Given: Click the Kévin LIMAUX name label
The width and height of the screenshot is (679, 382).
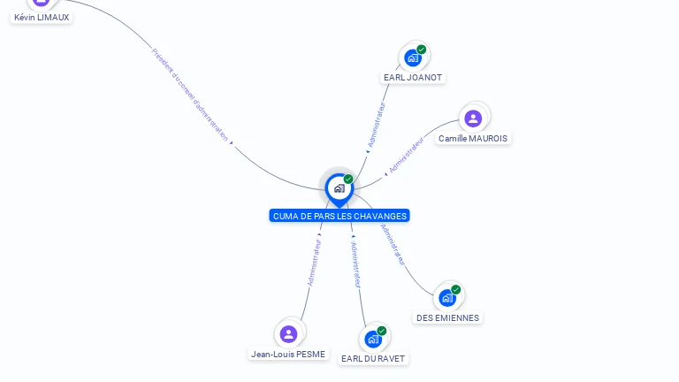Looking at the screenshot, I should pos(42,17).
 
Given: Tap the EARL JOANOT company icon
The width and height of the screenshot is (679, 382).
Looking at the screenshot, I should pos(412,57).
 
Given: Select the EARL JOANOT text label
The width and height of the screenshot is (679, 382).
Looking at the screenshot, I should pos(413,77).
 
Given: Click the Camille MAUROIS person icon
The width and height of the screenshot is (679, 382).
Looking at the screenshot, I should pos(473,118).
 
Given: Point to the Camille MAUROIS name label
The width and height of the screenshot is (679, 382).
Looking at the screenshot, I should pos(473,138).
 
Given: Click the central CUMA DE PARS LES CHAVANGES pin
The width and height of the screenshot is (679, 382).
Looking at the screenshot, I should pos(339,187).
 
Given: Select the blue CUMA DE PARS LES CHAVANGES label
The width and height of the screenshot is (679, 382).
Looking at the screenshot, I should pos(339,216).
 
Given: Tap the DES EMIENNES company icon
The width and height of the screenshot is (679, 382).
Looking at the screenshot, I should pos(447,297).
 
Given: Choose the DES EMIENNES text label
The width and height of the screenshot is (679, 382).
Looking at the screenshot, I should pos(447,317).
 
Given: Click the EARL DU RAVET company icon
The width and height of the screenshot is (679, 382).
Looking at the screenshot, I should pos(373,339).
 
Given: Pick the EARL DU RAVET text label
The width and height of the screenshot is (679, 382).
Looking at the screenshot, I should pos(373,358).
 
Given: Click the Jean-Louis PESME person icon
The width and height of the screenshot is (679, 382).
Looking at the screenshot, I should pos(288,333).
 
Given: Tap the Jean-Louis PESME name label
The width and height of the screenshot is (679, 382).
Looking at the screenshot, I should pos(288,354).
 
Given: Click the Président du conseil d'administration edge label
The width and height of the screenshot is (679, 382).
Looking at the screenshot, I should pos(190,94).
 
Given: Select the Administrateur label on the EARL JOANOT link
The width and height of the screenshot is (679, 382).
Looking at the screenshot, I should pos(377,125).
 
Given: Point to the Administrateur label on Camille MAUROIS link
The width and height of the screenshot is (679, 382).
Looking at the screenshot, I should pos(407,153).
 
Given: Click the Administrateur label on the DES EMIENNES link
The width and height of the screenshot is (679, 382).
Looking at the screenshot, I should pos(393,244).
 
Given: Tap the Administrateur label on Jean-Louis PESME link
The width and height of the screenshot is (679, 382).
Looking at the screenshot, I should pos(314,259).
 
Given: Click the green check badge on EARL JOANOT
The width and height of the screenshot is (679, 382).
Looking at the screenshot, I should pos(422,50).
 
